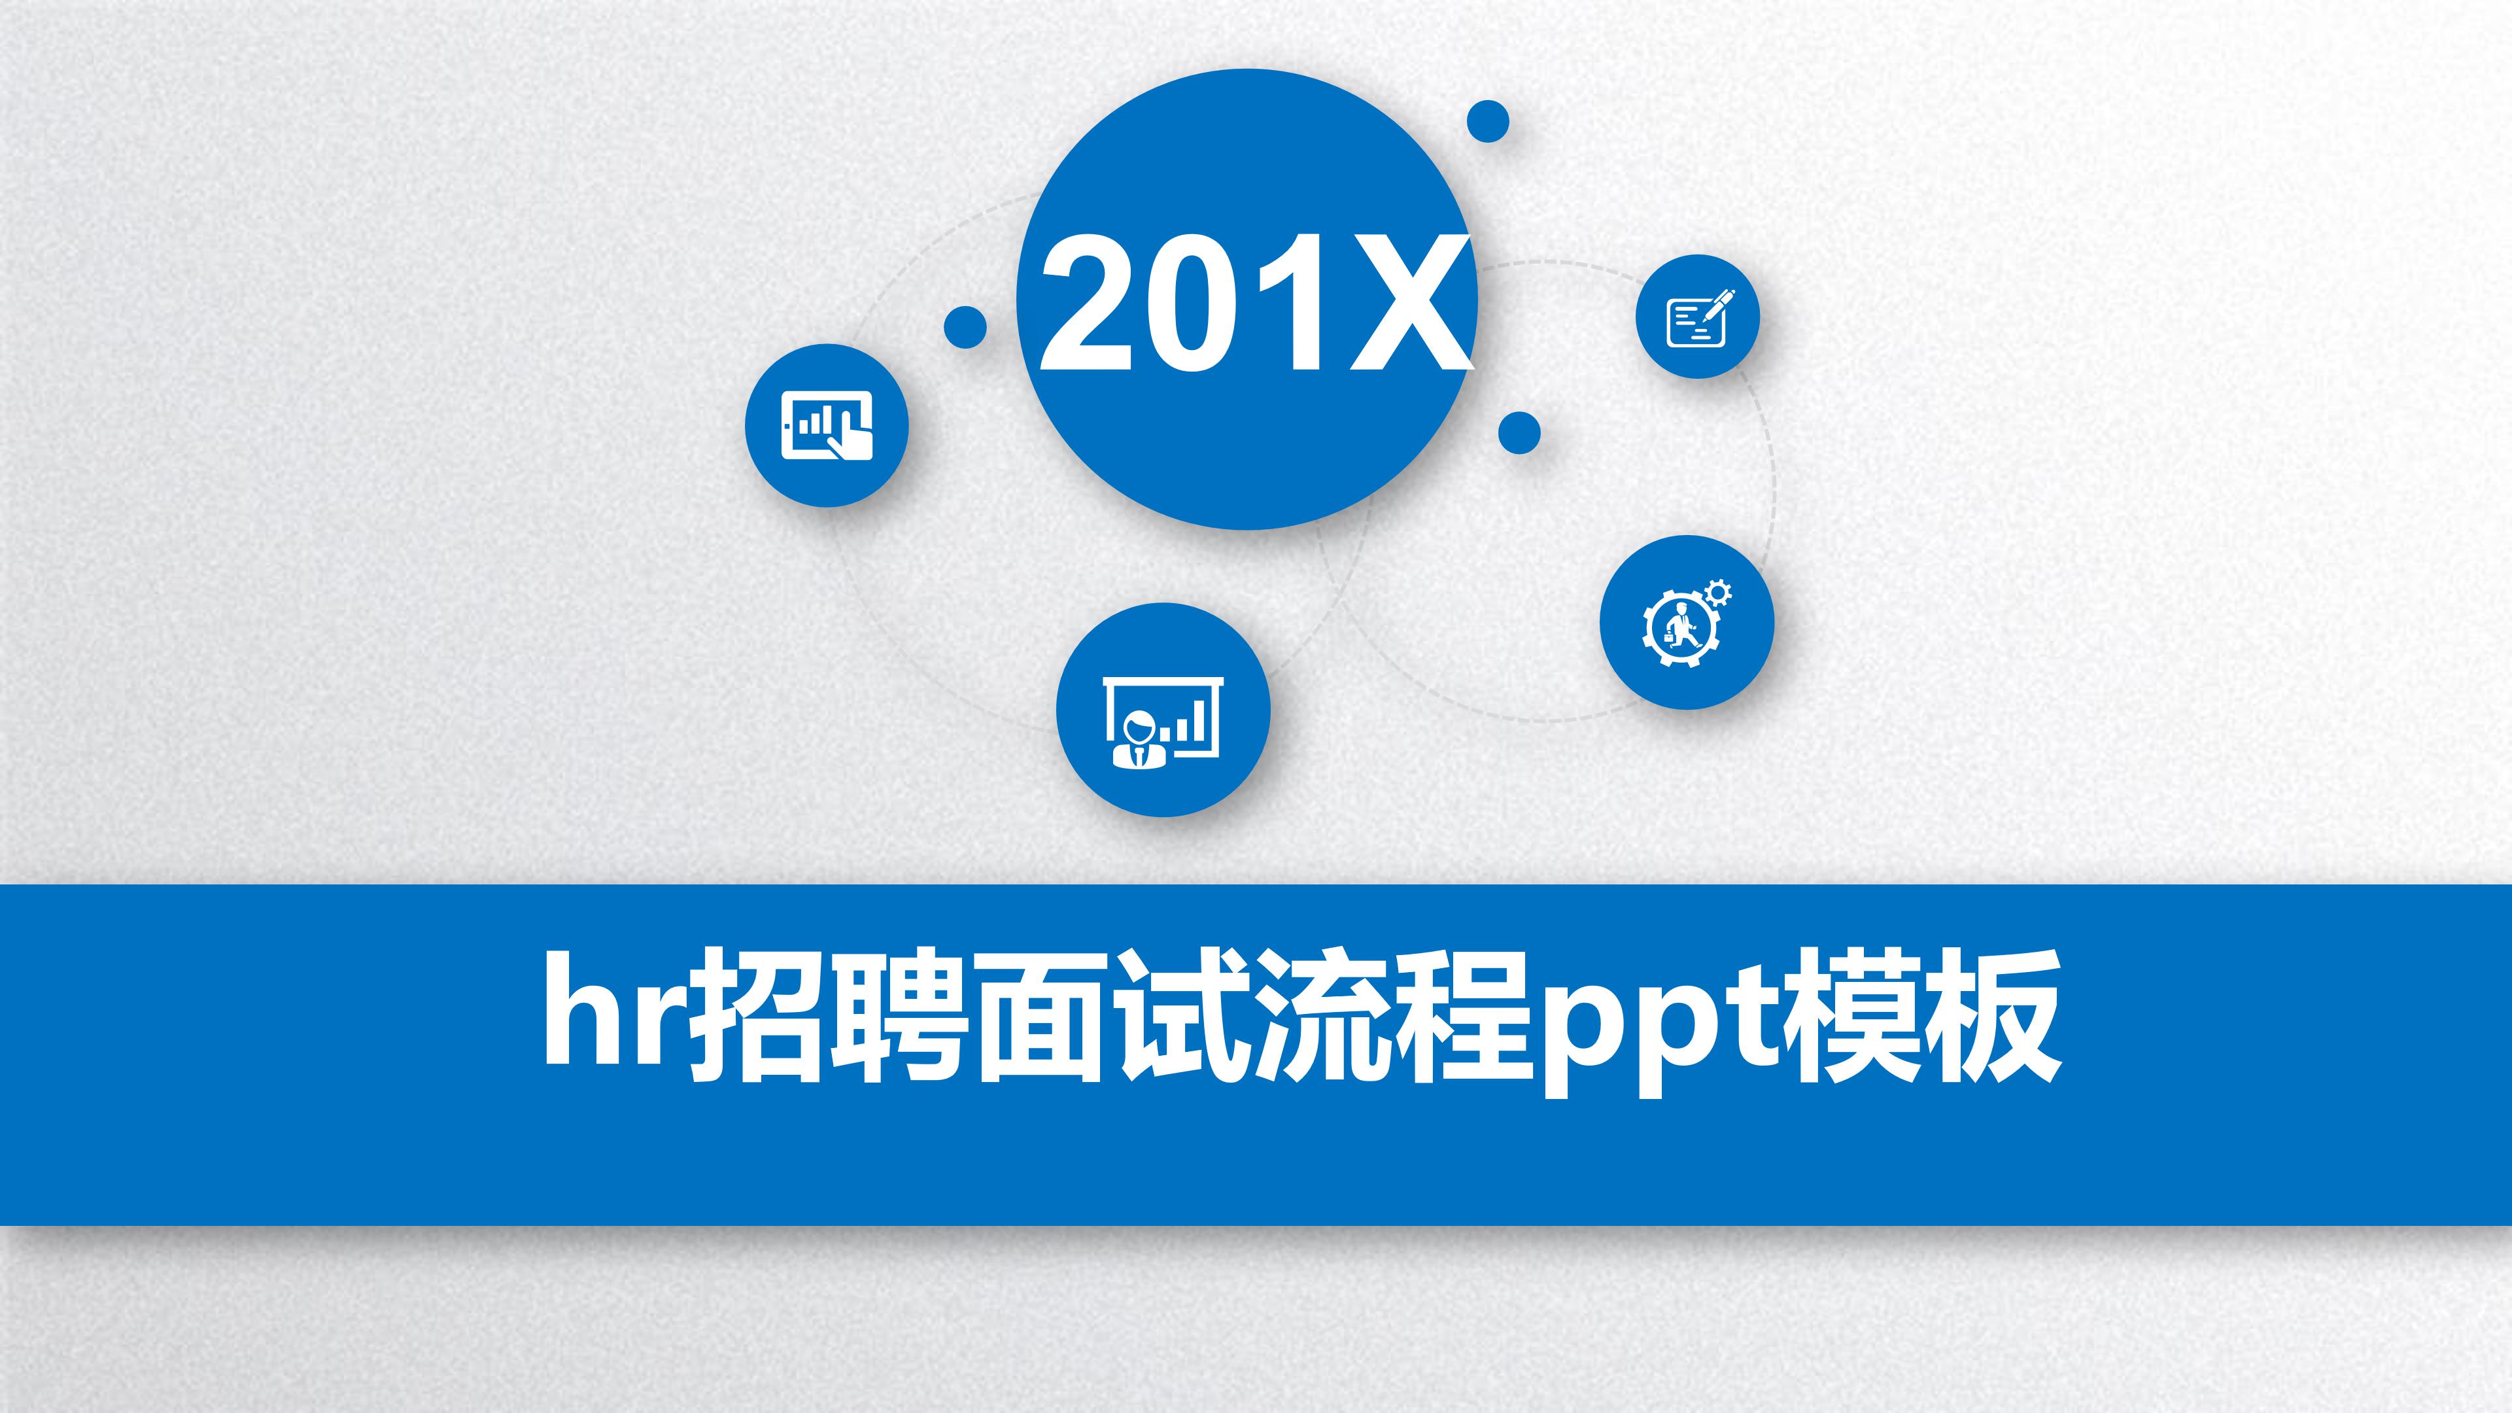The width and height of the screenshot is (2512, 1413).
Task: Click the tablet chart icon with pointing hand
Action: [x=827, y=425]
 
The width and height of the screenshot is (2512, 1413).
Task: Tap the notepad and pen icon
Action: [x=1698, y=317]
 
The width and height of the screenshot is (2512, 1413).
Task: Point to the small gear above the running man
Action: [x=1718, y=592]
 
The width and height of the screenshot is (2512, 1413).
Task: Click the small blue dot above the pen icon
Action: [x=1488, y=122]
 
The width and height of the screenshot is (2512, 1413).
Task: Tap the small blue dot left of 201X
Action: [x=965, y=326]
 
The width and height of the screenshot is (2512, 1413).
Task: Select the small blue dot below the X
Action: [x=1519, y=432]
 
